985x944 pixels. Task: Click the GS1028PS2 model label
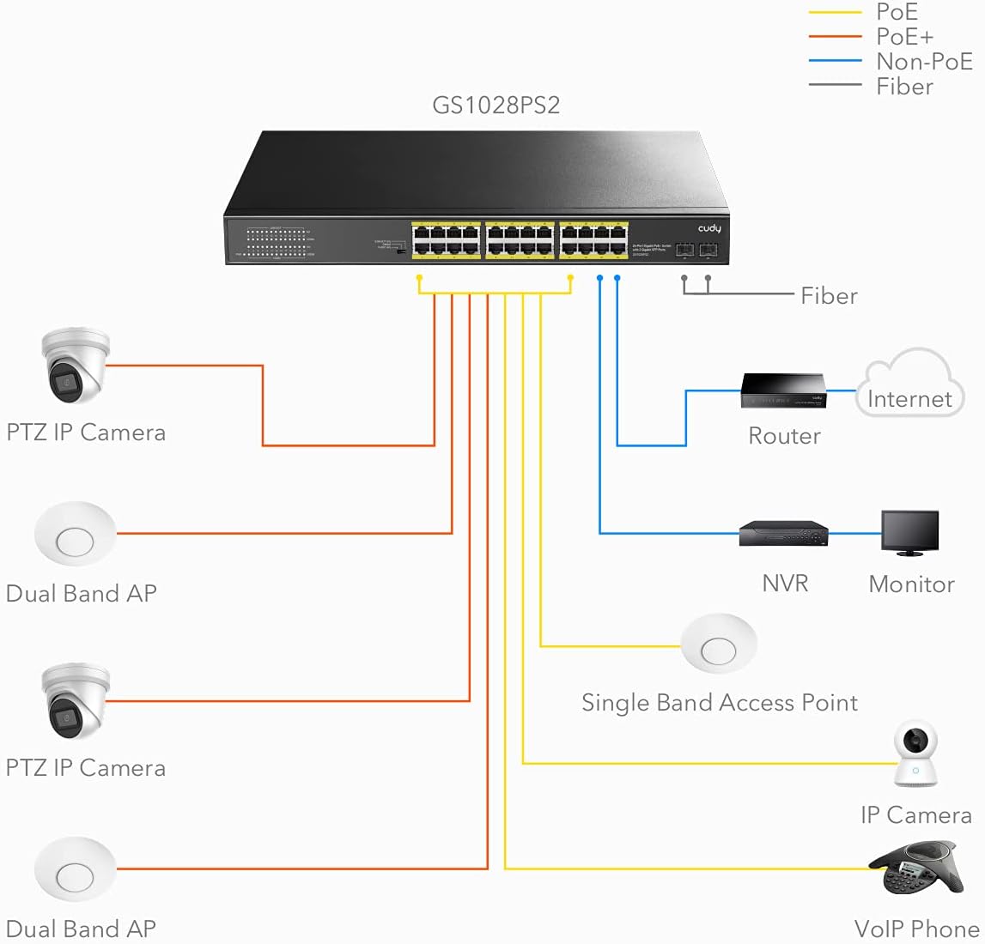(x=496, y=106)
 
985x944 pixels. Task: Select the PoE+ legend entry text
(x=904, y=37)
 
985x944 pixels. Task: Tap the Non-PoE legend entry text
(x=924, y=62)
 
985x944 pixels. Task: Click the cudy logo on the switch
(x=709, y=228)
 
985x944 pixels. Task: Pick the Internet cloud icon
(x=909, y=384)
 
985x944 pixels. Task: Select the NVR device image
(x=783, y=534)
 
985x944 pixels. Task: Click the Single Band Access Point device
(x=719, y=645)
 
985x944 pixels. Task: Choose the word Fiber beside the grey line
(x=829, y=296)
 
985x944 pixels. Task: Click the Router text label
(x=784, y=436)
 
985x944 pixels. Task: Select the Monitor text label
(x=911, y=584)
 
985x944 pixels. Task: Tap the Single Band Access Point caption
(x=719, y=703)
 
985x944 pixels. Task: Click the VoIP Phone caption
(x=916, y=929)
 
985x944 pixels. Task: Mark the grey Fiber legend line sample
(x=835, y=85)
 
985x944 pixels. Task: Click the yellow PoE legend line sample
(x=835, y=12)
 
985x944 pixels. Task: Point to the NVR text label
(x=785, y=584)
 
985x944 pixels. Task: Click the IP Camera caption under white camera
(x=916, y=815)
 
